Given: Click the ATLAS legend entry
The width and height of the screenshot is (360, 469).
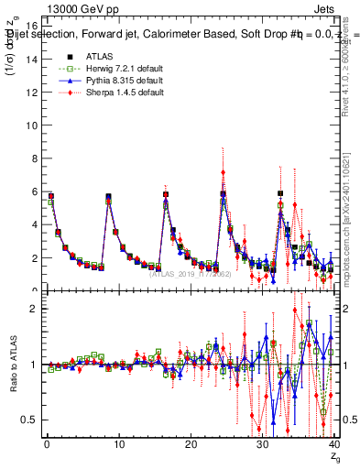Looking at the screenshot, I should click(x=97, y=57).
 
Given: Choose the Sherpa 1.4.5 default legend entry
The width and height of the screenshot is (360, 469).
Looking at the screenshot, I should click(x=121, y=93).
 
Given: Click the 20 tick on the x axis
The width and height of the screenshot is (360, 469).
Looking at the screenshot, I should click(x=190, y=445).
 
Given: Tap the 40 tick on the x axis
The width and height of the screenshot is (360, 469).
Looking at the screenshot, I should click(x=333, y=445).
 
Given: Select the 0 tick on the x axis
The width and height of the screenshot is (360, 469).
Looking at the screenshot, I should click(x=46, y=445).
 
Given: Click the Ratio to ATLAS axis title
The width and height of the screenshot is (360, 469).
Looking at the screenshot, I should click(x=12, y=366).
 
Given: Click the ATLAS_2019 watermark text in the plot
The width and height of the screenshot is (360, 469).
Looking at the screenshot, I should click(x=191, y=273).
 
